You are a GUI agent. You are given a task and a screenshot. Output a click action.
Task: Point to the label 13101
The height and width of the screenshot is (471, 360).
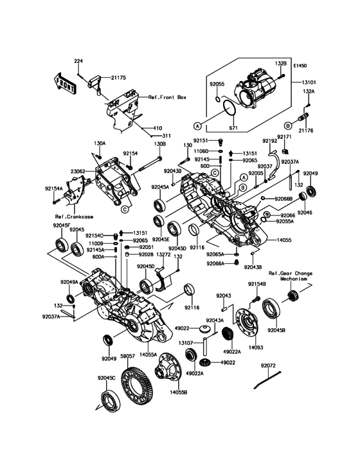point(304,82)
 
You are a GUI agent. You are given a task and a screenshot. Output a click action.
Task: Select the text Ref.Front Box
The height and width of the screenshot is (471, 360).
point(167,97)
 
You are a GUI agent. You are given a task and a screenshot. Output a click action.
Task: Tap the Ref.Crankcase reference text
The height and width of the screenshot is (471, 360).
point(71,216)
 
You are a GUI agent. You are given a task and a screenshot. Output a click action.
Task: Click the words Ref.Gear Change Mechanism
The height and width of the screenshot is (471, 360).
point(291,277)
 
